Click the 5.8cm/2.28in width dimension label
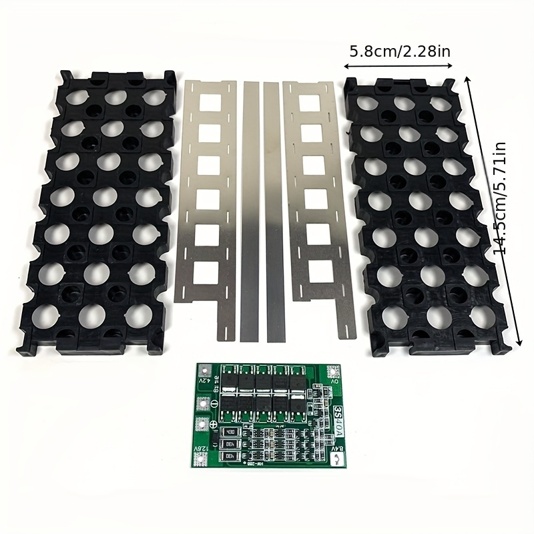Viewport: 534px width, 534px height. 398,50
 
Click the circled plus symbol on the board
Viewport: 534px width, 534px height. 212,425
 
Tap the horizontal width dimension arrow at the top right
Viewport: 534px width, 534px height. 398,65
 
